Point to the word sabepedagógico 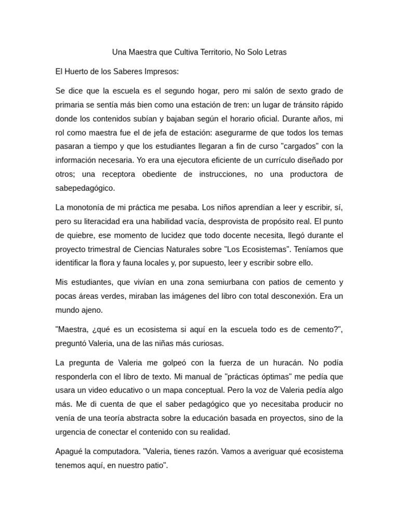pyautogui.click(x=85, y=188)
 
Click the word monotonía pyautogui.click(x=89, y=207)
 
